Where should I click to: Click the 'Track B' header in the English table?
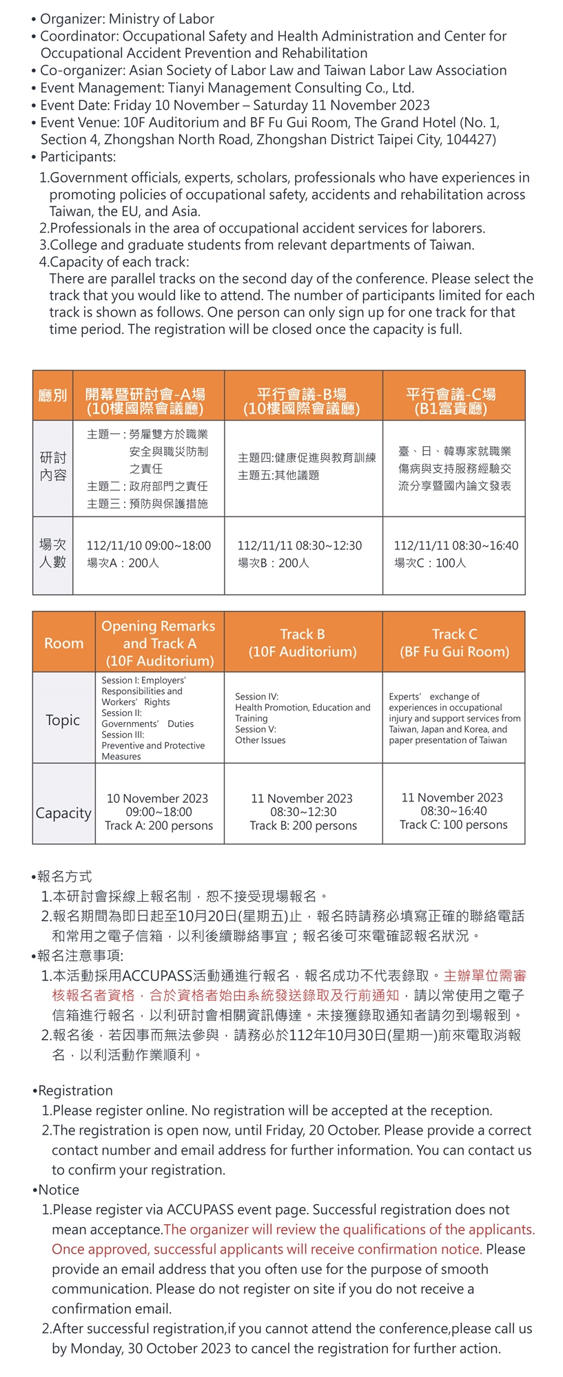click(x=303, y=642)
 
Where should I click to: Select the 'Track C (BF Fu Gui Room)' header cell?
click(x=454, y=642)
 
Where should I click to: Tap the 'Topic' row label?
click(x=63, y=719)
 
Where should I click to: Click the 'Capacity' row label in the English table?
click(x=63, y=812)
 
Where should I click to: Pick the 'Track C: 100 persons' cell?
click(x=453, y=810)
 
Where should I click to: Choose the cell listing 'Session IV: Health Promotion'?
click(x=303, y=717)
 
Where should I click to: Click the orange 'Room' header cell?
click(x=63, y=642)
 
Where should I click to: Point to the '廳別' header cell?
click(x=52, y=395)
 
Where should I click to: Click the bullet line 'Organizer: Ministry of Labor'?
click(x=127, y=19)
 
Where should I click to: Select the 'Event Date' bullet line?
click(x=234, y=105)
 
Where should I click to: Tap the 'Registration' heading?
click(x=75, y=1090)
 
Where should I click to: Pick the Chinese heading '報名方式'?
click(x=64, y=876)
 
